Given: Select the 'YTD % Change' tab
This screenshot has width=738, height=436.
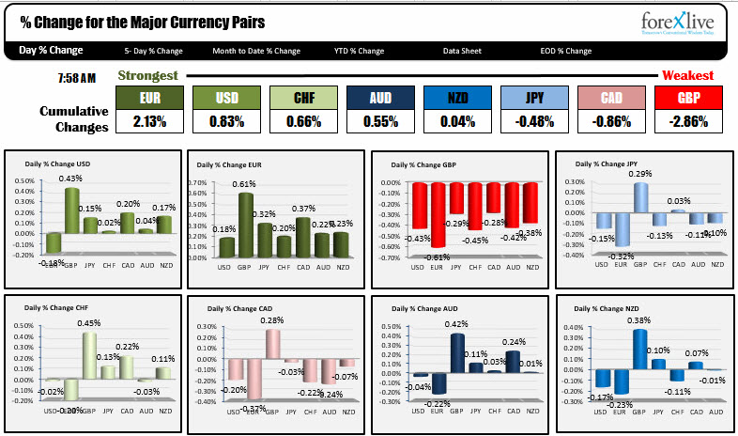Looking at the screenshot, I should [x=359, y=51].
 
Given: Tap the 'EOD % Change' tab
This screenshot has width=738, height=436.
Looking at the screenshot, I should [x=566, y=51].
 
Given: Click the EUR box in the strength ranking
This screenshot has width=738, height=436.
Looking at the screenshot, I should [x=148, y=97].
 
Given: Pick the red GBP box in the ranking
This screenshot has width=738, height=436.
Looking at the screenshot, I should [x=687, y=97].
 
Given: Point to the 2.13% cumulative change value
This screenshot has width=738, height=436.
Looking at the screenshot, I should [x=148, y=120].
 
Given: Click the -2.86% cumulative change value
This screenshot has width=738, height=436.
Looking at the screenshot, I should [x=687, y=120].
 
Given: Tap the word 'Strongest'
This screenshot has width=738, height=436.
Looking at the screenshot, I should [x=146, y=75].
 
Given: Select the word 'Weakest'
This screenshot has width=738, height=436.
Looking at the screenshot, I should [x=687, y=75].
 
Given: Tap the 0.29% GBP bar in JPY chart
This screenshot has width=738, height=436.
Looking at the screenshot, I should [x=640, y=197].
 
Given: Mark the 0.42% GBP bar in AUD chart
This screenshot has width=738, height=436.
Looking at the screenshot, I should [x=457, y=353].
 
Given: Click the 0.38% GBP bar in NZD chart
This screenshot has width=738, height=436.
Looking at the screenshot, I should [x=639, y=349].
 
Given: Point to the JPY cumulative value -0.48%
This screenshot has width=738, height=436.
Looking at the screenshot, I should [x=533, y=120].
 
